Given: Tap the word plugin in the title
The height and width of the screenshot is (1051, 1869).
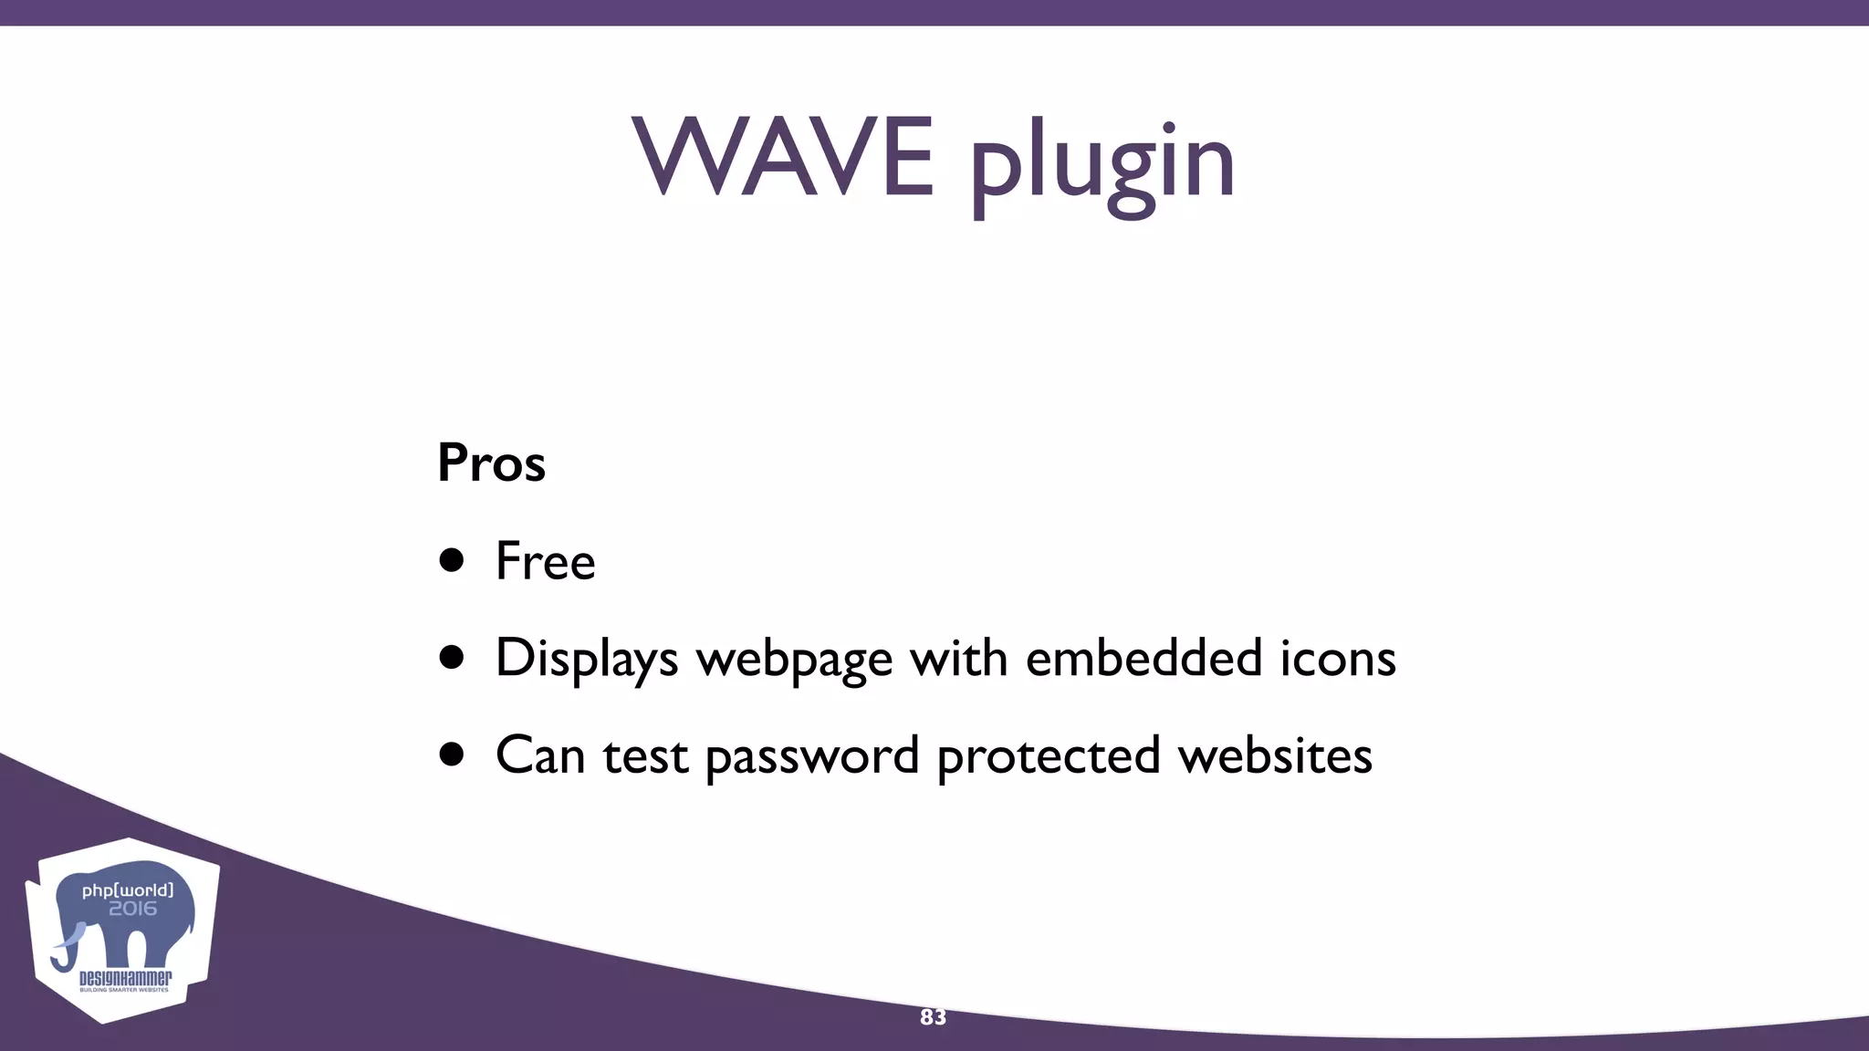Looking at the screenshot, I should pyautogui.click(x=1102, y=164).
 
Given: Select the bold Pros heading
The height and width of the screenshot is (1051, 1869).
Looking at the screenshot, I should pyautogui.click(x=491, y=463).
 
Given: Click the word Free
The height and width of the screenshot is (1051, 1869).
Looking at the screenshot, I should pyautogui.click(x=545, y=560).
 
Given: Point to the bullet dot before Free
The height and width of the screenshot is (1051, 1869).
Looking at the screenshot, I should pyautogui.click(x=452, y=560).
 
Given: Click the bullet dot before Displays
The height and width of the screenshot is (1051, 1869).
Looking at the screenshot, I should pyautogui.click(x=452, y=658).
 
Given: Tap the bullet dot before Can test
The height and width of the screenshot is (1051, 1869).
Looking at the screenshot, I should pyautogui.click(x=452, y=754).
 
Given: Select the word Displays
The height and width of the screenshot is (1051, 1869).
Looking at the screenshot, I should pyautogui.click(x=586, y=658).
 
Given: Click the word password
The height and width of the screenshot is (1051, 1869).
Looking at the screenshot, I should pyautogui.click(x=812, y=756).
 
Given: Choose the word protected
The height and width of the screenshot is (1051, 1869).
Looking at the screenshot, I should pyautogui.click(x=1048, y=756).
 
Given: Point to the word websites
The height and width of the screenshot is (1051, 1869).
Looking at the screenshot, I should pyautogui.click(x=1275, y=754).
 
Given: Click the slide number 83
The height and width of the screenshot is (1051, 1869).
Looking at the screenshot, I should pyautogui.click(x=933, y=1017).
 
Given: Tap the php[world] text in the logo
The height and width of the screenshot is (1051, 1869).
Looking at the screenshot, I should pyautogui.click(x=128, y=890).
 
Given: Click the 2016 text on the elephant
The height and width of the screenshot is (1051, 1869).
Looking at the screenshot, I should pyautogui.click(x=132, y=909).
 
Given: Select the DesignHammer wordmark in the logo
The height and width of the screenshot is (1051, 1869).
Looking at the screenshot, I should pyautogui.click(x=125, y=979).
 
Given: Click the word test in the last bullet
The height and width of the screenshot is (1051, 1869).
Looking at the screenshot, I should pyautogui.click(x=644, y=756).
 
